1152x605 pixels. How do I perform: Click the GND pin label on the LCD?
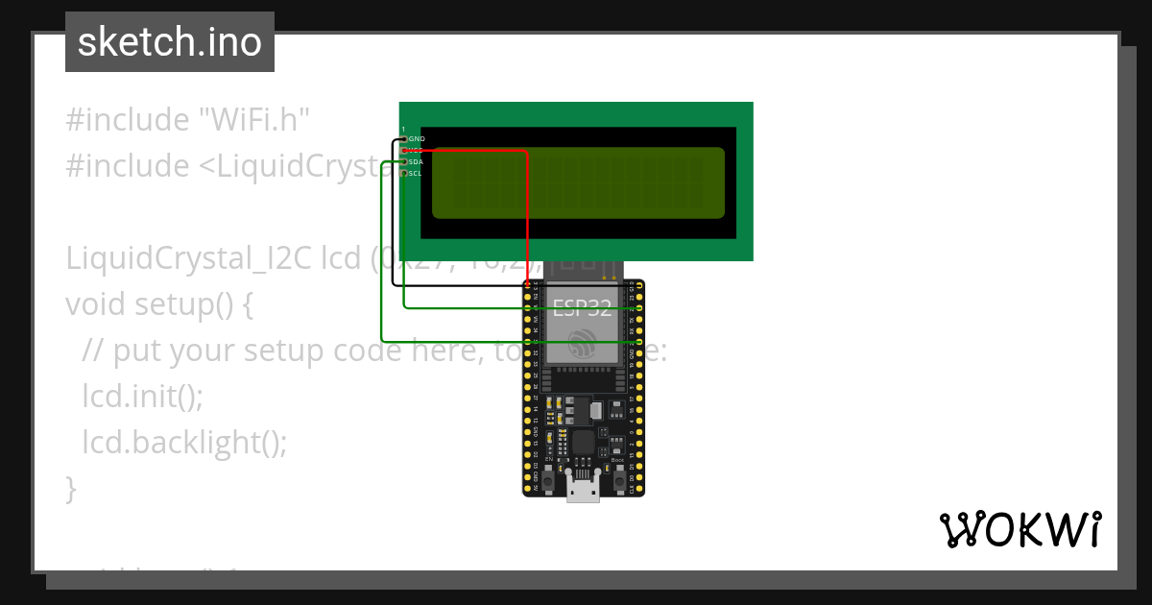point(417,139)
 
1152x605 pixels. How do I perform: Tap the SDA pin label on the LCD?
point(416,162)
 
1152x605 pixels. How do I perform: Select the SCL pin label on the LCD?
point(416,174)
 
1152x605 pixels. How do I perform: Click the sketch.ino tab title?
point(170,42)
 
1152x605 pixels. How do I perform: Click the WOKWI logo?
point(1020,529)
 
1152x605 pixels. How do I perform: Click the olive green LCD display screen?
point(579,182)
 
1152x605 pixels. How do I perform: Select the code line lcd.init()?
point(143,396)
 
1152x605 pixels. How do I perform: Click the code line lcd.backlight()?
point(184,442)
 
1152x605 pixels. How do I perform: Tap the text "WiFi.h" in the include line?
point(254,120)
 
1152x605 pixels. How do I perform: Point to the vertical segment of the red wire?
point(527,216)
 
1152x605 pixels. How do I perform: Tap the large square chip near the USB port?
point(583,443)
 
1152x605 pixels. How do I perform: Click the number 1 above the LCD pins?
point(403,129)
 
